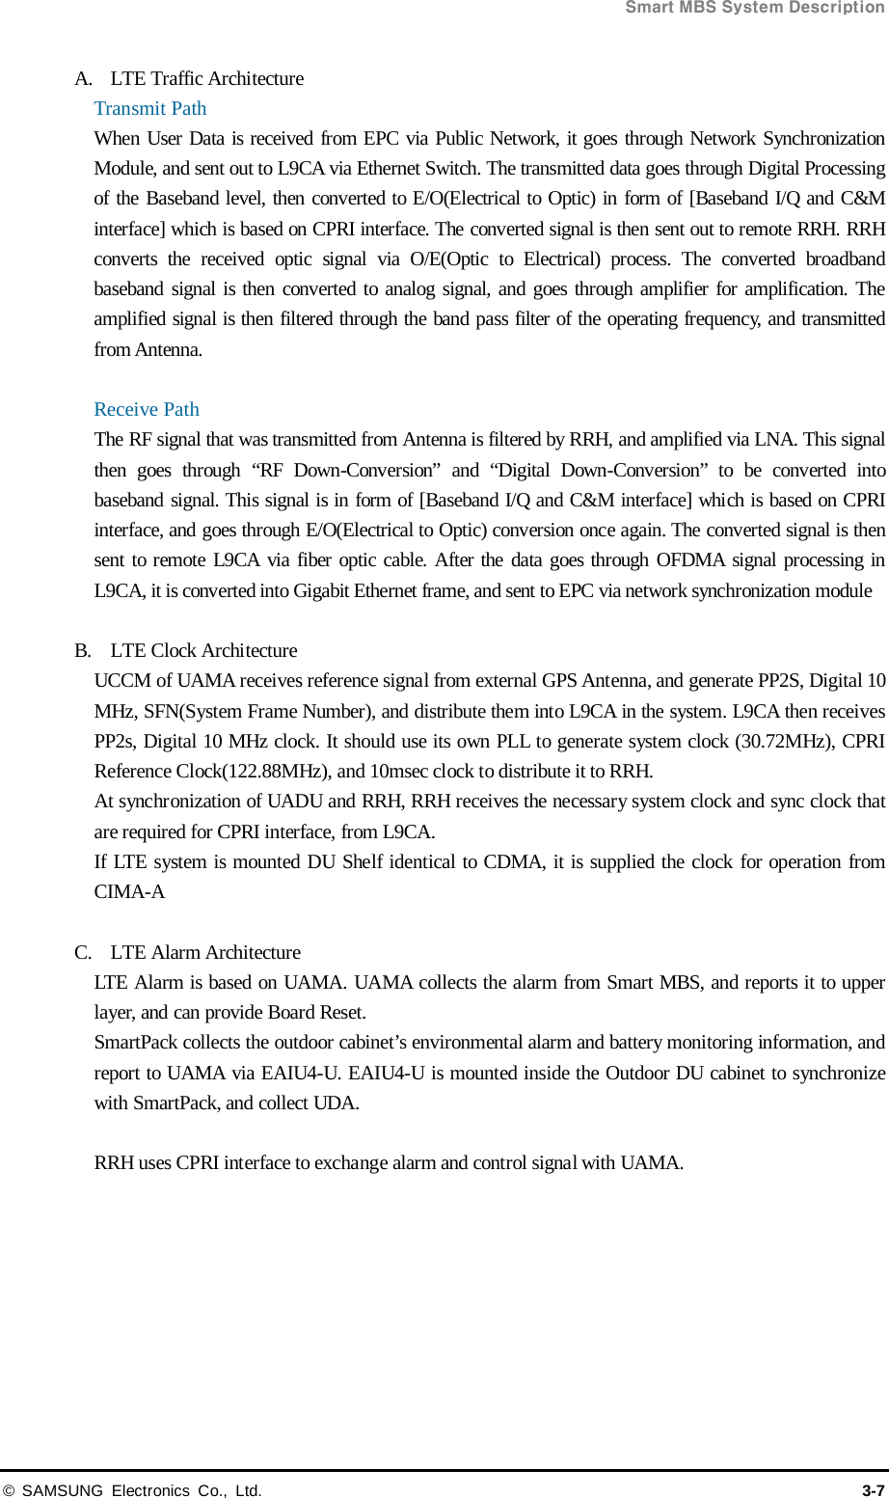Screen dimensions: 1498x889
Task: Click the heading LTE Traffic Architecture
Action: pos(206,78)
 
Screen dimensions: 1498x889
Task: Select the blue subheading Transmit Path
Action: pos(150,108)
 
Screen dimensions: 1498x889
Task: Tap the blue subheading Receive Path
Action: pos(147,409)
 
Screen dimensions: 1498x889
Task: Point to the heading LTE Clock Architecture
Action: pos(203,650)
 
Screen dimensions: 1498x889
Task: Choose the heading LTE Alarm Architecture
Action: pos(205,952)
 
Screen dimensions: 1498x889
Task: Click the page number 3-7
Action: pos(873,1490)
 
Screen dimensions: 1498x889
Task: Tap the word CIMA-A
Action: pos(129,891)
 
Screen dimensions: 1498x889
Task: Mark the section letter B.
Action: pos(82,650)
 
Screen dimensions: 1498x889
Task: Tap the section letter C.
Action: pos(82,952)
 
